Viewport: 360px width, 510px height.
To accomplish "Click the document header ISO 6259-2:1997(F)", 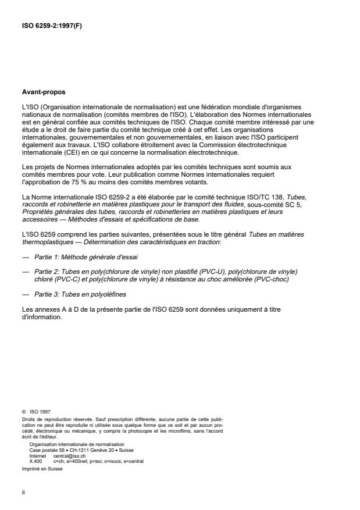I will coord(51,26).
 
